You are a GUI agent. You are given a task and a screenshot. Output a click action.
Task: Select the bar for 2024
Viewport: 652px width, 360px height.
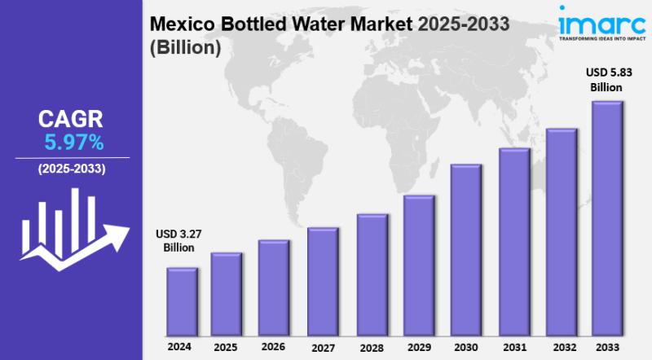coord(182,301)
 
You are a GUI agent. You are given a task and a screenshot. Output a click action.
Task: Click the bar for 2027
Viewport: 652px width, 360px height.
coord(322,281)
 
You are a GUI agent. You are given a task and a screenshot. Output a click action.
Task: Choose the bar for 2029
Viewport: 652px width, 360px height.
coord(418,266)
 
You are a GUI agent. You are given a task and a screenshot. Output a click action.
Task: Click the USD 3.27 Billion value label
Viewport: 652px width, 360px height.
coord(179,241)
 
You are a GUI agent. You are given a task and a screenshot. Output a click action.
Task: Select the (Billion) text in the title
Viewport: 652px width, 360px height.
coord(186,48)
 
